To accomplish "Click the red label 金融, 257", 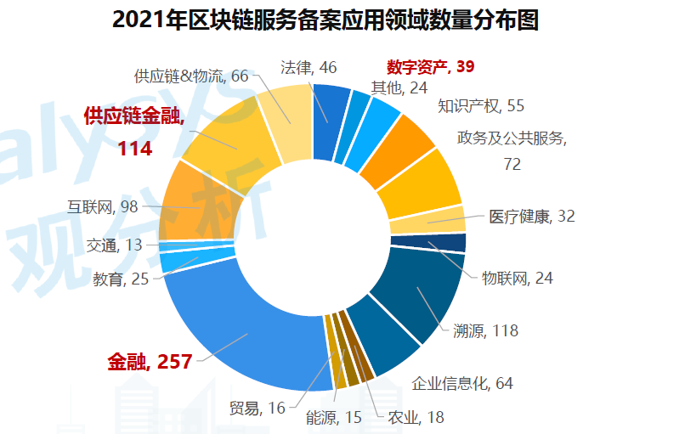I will coord(148,361).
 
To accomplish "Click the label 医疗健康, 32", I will coord(532,216).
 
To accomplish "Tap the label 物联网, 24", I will coord(518,278).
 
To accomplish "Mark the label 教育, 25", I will coord(120,278).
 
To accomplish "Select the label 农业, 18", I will coord(416,416).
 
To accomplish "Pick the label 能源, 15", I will coord(333,417).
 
